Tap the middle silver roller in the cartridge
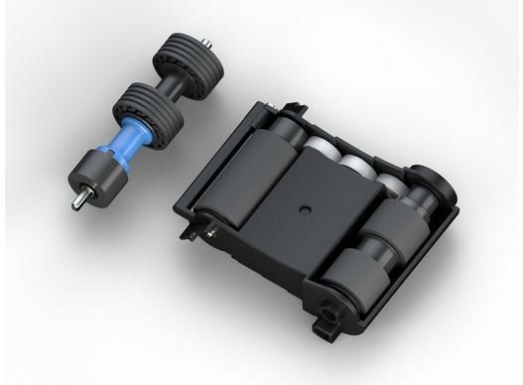(x=353, y=160)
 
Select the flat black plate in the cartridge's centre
(x=303, y=213)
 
